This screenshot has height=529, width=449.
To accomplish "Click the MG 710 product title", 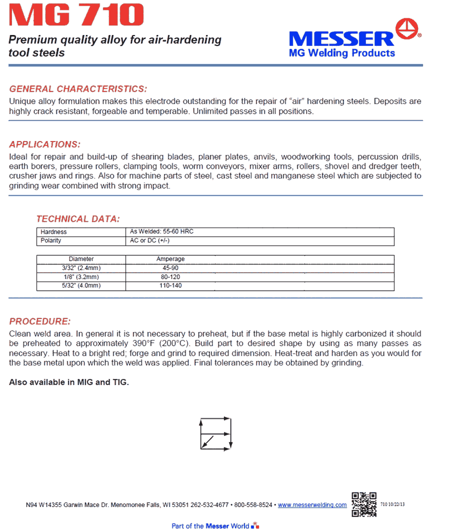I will coord(76,16).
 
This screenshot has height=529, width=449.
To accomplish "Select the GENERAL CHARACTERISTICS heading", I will coord(78,89).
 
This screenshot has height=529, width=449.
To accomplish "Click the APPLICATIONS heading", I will coord(45,145).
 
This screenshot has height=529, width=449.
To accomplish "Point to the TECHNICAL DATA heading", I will coord(78,219).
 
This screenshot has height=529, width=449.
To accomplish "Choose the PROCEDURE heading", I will coord(40,321).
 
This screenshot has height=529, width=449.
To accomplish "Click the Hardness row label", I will coord(54,232).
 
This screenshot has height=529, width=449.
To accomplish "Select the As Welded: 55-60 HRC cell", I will coord(162,231).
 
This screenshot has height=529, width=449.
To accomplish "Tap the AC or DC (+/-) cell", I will coord(150,241).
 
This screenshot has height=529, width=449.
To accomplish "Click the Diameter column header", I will coord(81,259).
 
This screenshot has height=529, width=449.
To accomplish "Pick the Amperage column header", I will coord(170,259).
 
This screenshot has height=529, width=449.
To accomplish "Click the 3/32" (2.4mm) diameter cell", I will coord(81,268).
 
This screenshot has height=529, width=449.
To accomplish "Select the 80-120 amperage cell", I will coord(170,277).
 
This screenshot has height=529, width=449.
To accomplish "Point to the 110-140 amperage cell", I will coord(170,286).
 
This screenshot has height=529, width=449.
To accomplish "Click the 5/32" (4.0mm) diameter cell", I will coord(81,286).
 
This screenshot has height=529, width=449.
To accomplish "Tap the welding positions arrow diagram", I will coord(215,433).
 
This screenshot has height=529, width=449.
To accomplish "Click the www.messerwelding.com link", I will coord(312,505).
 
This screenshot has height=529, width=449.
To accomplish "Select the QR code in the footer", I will coord(364,504).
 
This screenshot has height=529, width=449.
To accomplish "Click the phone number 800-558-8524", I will coord(253,505).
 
